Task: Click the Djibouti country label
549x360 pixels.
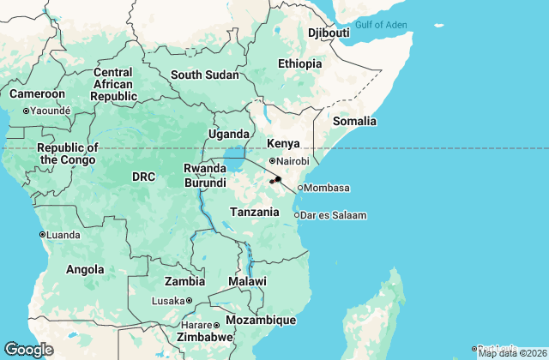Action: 329,33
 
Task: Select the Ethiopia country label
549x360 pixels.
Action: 299,63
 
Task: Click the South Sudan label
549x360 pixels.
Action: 204,75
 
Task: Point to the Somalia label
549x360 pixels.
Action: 354,122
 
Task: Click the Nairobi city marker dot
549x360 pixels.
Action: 272,161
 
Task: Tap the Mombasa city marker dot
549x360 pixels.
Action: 300,188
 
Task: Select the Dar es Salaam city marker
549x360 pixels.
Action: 297,215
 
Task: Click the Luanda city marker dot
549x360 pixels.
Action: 42,234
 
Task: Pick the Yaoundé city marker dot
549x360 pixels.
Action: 26,111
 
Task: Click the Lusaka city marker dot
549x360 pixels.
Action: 190,301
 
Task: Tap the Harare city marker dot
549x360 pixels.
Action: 218,326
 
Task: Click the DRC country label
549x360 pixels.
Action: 143,177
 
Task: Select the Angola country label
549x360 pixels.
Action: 86,270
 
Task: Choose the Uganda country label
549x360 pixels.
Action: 229,134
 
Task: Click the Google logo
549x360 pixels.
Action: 28,350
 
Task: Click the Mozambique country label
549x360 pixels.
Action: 261,320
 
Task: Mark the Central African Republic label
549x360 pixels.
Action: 114,84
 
